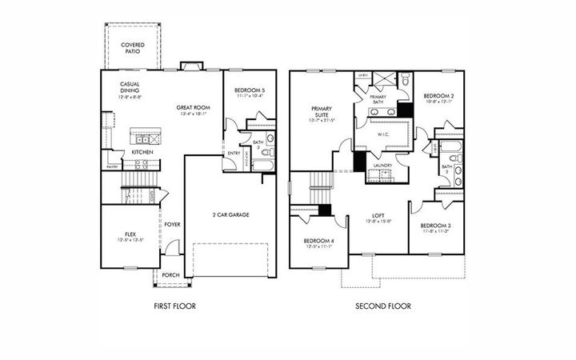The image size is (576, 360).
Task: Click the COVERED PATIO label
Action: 132,48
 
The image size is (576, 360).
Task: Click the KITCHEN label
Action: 142,152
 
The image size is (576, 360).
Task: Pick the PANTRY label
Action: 111,166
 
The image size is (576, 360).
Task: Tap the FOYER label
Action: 172,225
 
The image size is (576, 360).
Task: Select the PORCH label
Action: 170,275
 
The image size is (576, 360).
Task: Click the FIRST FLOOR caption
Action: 174,306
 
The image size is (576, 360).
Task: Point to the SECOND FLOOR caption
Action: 383,306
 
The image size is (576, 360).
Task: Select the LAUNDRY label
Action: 382,166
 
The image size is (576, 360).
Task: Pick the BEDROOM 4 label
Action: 319,242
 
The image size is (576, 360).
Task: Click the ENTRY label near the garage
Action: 234,154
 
